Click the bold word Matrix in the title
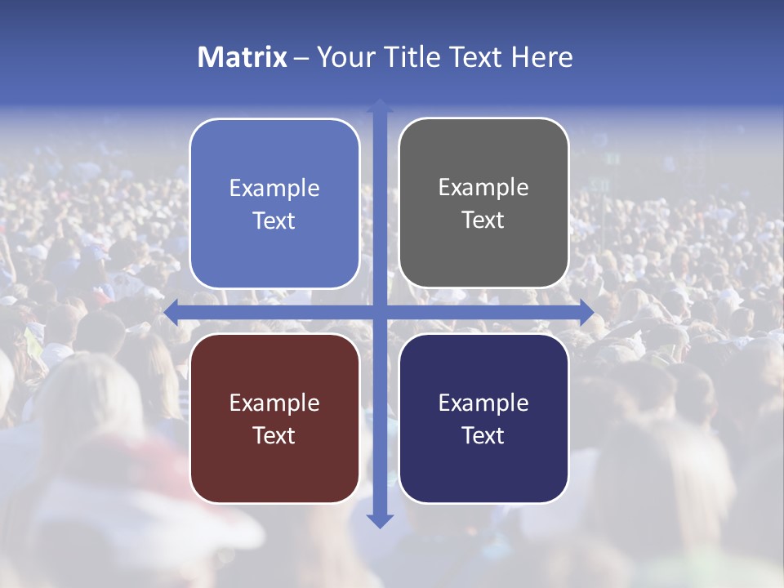(x=243, y=57)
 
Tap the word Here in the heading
(x=542, y=57)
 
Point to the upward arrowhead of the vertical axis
(x=380, y=106)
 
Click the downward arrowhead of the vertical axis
(x=380, y=520)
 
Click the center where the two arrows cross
(x=380, y=313)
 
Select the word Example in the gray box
(x=483, y=187)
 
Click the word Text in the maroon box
(x=274, y=435)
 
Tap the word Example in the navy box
(x=483, y=403)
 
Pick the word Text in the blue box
(x=274, y=220)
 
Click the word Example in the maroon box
(x=274, y=403)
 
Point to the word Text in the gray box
(x=483, y=220)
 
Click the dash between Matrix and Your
(x=301, y=58)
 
